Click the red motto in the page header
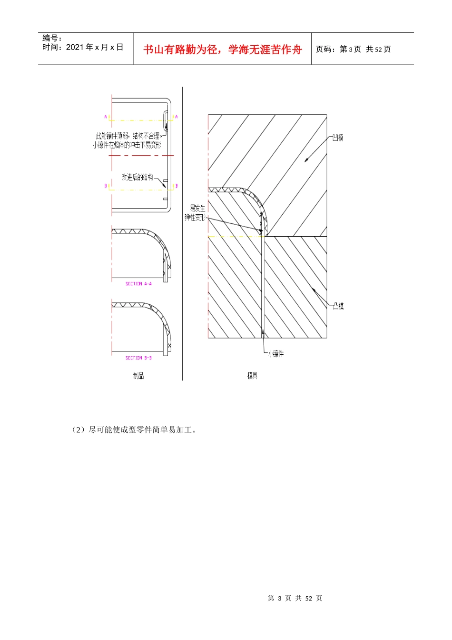pyautogui.click(x=222, y=50)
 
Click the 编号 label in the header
pyautogui.click(x=52, y=38)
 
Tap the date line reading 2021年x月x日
pyautogui.click(x=83, y=47)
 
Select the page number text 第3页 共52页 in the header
pyautogui.click(x=353, y=49)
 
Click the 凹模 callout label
pyautogui.click(x=338, y=138)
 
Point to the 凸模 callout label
pyautogui.click(x=338, y=306)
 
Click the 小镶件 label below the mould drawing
pyautogui.click(x=275, y=354)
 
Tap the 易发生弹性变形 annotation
pyautogui.click(x=196, y=212)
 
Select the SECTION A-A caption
pyautogui.click(x=138, y=284)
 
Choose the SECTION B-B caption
pyautogui.click(x=138, y=358)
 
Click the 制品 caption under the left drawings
pyautogui.click(x=138, y=376)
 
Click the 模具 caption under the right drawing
pyautogui.click(x=252, y=376)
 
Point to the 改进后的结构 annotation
pyautogui.click(x=137, y=177)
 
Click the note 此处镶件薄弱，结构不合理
pyautogui.click(x=128, y=136)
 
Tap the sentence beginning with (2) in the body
pyautogui.click(x=134, y=430)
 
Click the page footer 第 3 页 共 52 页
pyautogui.click(x=295, y=598)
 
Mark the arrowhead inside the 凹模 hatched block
pyautogui.click(x=307, y=160)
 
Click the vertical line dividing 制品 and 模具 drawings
pyautogui.click(x=182, y=238)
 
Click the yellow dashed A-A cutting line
pyautogui.click(x=138, y=120)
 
